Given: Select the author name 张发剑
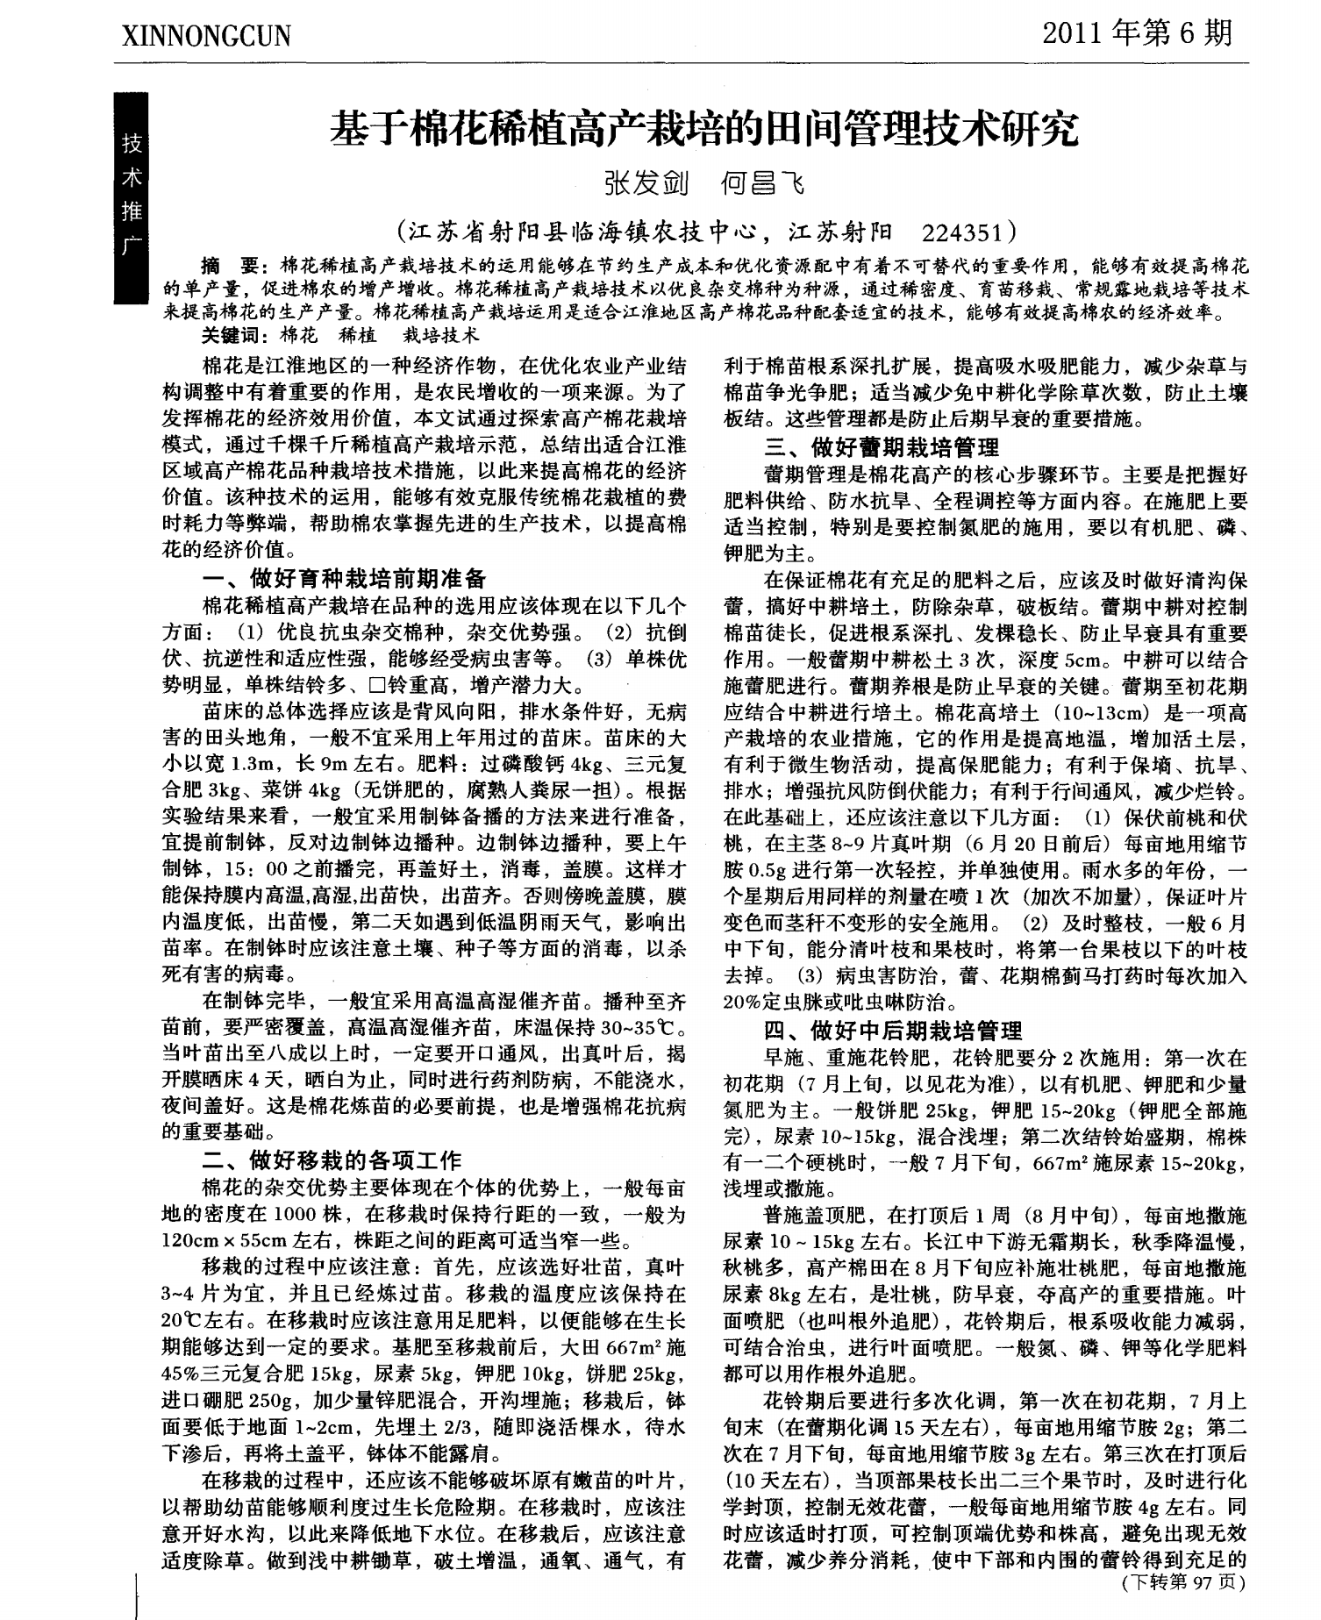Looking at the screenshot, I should tap(645, 184).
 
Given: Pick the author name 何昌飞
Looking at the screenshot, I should tap(760, 184).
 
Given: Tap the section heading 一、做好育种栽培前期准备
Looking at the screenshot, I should tap(344, 577).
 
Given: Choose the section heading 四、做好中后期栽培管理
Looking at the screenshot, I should tap(893, 1031).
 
